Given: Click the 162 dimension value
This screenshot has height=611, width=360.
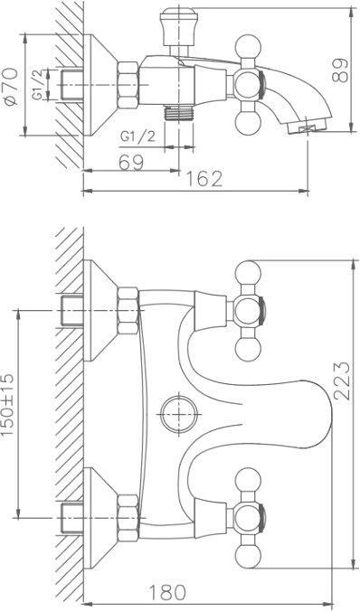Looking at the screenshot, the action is coord(204,179).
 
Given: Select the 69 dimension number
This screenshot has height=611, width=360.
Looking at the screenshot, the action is coord(131,162).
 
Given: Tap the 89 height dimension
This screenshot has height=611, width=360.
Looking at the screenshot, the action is coord(340,70).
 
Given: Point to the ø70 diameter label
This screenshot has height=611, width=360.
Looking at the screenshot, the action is coord(11,87).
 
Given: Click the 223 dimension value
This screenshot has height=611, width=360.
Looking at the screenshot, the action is coord(342,381).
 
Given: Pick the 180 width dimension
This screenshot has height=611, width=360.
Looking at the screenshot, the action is coord(167,593).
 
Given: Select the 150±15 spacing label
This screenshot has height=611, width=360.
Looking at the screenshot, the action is coord(8,404).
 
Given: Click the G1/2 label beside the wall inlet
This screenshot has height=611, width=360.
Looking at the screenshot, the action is coord(37,84).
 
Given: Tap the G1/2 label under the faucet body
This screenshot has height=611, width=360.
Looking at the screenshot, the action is coord(137,136).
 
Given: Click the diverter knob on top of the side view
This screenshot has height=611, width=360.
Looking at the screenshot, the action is coord(178,28).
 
